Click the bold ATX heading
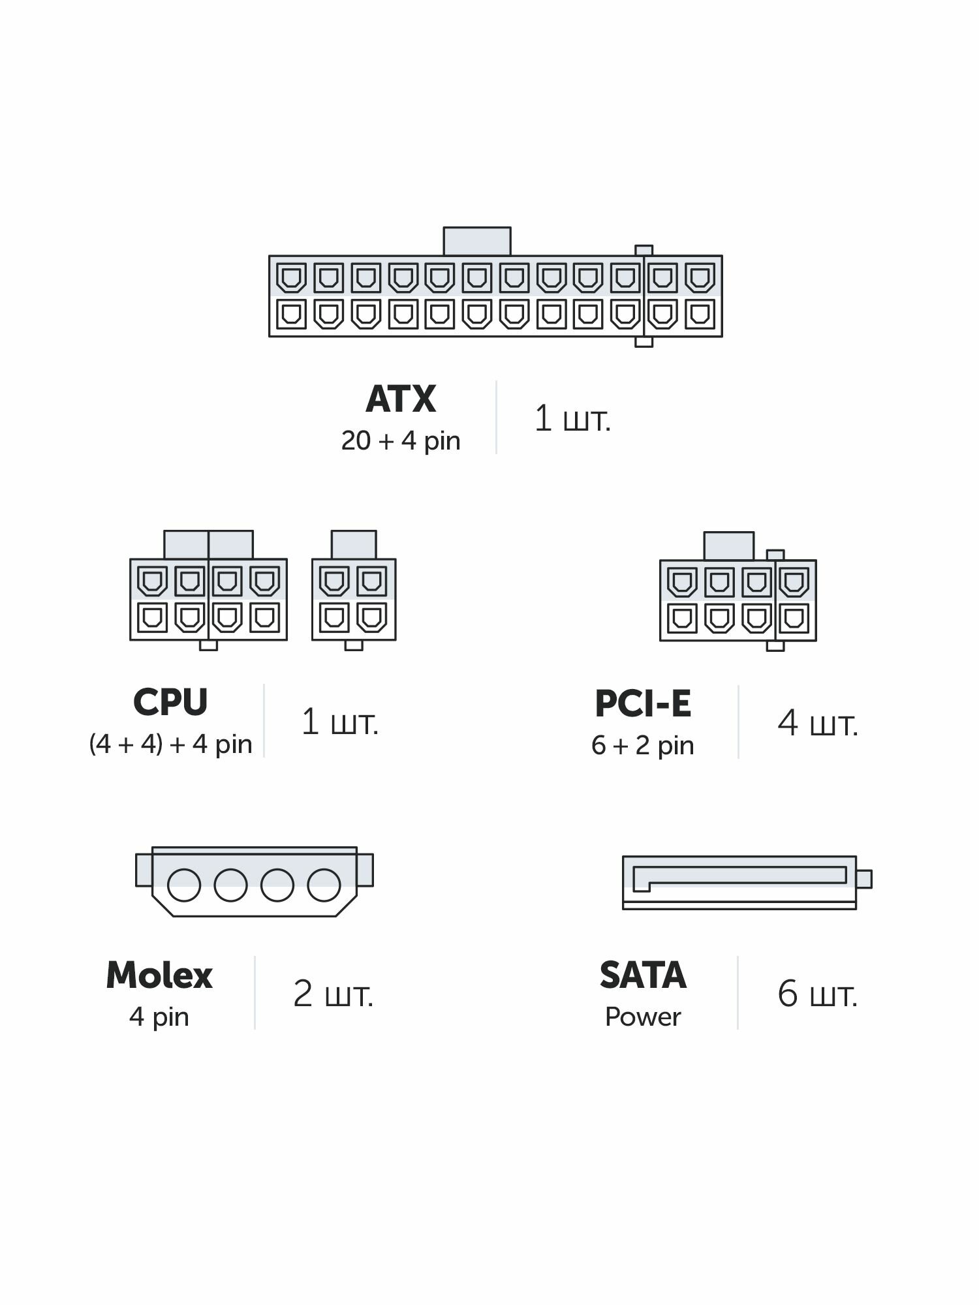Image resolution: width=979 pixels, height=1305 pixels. coord(401,399)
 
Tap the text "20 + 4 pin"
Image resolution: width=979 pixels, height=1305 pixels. coord(401,441)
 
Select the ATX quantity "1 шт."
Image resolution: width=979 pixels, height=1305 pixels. coord(572,418)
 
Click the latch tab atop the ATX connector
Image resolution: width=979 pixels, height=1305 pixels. coord(477,241)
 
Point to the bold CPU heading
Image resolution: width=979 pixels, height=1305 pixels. coord(170,702)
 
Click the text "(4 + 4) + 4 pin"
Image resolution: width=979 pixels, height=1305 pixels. coord(170,744)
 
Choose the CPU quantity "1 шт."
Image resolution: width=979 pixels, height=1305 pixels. coord(339,722)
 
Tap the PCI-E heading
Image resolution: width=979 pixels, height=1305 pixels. coord(643,703)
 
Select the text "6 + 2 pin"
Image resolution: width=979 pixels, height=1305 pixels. coord(643,745)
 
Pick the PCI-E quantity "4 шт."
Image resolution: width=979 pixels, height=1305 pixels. coord(818,724)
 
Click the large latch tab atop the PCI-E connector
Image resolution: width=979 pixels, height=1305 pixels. coord(728,546)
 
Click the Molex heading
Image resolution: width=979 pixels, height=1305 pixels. coord(159,975)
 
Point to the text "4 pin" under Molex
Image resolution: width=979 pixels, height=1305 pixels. coord(159,1017)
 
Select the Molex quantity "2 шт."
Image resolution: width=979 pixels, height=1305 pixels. coord(333,994)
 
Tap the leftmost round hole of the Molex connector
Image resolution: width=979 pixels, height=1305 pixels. coord(184,885)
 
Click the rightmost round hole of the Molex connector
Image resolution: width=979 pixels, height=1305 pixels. coord(324,885)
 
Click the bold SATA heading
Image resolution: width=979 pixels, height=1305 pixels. coord(643,975)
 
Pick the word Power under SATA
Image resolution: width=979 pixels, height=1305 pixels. coord(643,1017)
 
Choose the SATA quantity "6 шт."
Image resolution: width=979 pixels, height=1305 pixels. coord(817,994)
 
